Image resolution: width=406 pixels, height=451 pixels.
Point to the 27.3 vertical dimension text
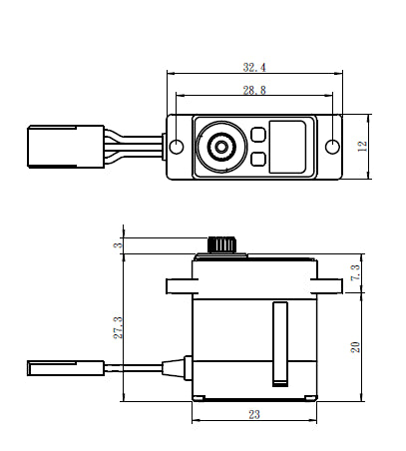[117, 326]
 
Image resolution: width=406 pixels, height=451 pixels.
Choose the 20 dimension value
[356, 345]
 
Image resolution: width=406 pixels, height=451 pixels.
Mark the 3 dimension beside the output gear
[117, 245]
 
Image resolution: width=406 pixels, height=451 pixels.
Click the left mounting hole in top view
[177, 148]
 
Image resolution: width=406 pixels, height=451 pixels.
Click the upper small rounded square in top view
[257, 135]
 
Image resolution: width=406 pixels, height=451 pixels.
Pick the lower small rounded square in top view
[257, 159]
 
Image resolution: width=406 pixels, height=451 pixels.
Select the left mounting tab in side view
[179, 286]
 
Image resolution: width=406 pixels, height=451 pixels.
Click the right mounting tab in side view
[330, 286]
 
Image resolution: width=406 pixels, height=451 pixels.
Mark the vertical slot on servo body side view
[281, 344]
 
